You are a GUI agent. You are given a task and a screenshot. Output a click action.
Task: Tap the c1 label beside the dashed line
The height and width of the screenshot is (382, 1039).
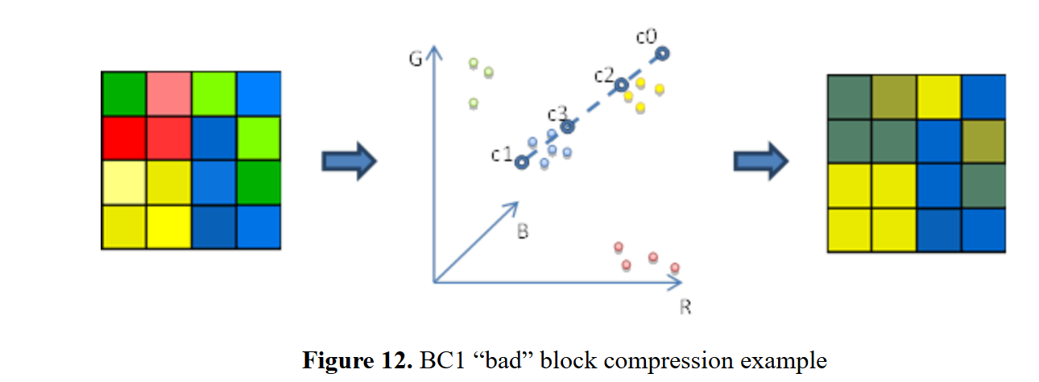[502, 154]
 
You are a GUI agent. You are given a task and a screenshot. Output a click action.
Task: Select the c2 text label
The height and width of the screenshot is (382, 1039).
[604, 75]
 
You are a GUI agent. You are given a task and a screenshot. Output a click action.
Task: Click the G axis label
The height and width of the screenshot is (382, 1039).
[416, 60]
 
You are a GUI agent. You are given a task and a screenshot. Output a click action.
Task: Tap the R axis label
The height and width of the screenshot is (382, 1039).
[685, 307]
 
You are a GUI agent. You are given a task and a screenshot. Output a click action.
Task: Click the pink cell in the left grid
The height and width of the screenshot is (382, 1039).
[169, 93]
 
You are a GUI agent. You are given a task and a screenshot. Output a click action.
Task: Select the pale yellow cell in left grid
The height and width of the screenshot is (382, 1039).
[124, 183]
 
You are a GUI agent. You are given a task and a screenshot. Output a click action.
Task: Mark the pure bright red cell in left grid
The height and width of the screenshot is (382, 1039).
[124, 139]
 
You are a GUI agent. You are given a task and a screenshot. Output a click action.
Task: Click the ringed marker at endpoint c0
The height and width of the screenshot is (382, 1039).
[661, 53]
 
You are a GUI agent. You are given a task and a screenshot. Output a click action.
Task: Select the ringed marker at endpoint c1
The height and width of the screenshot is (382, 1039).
[521, 162]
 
